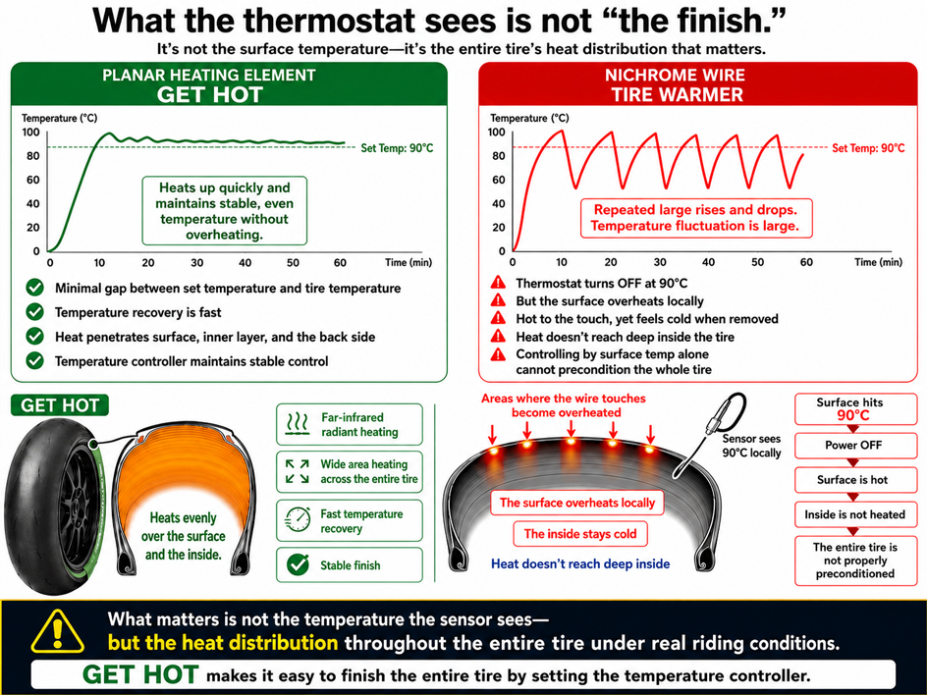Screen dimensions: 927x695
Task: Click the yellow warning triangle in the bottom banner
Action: (57, 632)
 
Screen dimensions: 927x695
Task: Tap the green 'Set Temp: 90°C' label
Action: (397, 148)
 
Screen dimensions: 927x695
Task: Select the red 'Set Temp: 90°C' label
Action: (868, 148)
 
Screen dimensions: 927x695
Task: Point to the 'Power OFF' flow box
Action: (855, 446)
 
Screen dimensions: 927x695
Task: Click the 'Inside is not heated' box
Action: (855, 514)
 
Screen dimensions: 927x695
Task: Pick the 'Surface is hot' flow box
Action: (855, 480)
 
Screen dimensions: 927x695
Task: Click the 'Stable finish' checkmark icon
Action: (298, 565)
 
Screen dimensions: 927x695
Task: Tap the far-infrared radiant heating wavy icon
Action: (298, 424)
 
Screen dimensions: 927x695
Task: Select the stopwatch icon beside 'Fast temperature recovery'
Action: (298, 520)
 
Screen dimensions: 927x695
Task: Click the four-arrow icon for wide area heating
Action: (298, 471)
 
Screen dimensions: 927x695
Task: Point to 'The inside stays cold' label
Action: (580, 534)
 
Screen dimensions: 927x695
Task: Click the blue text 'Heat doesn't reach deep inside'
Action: (580, 563)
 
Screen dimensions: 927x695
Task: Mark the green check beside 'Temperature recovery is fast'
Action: (35, 311)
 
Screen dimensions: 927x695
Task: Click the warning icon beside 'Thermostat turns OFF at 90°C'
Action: (499, 282)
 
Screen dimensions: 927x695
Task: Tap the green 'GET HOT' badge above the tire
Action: (60, 405)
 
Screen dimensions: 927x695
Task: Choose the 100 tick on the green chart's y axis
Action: (30, 133)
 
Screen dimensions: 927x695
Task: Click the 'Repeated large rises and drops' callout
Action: (696, 218)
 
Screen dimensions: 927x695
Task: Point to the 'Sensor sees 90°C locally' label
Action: (751, 446)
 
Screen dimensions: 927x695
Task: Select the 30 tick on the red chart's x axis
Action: (660, 262)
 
